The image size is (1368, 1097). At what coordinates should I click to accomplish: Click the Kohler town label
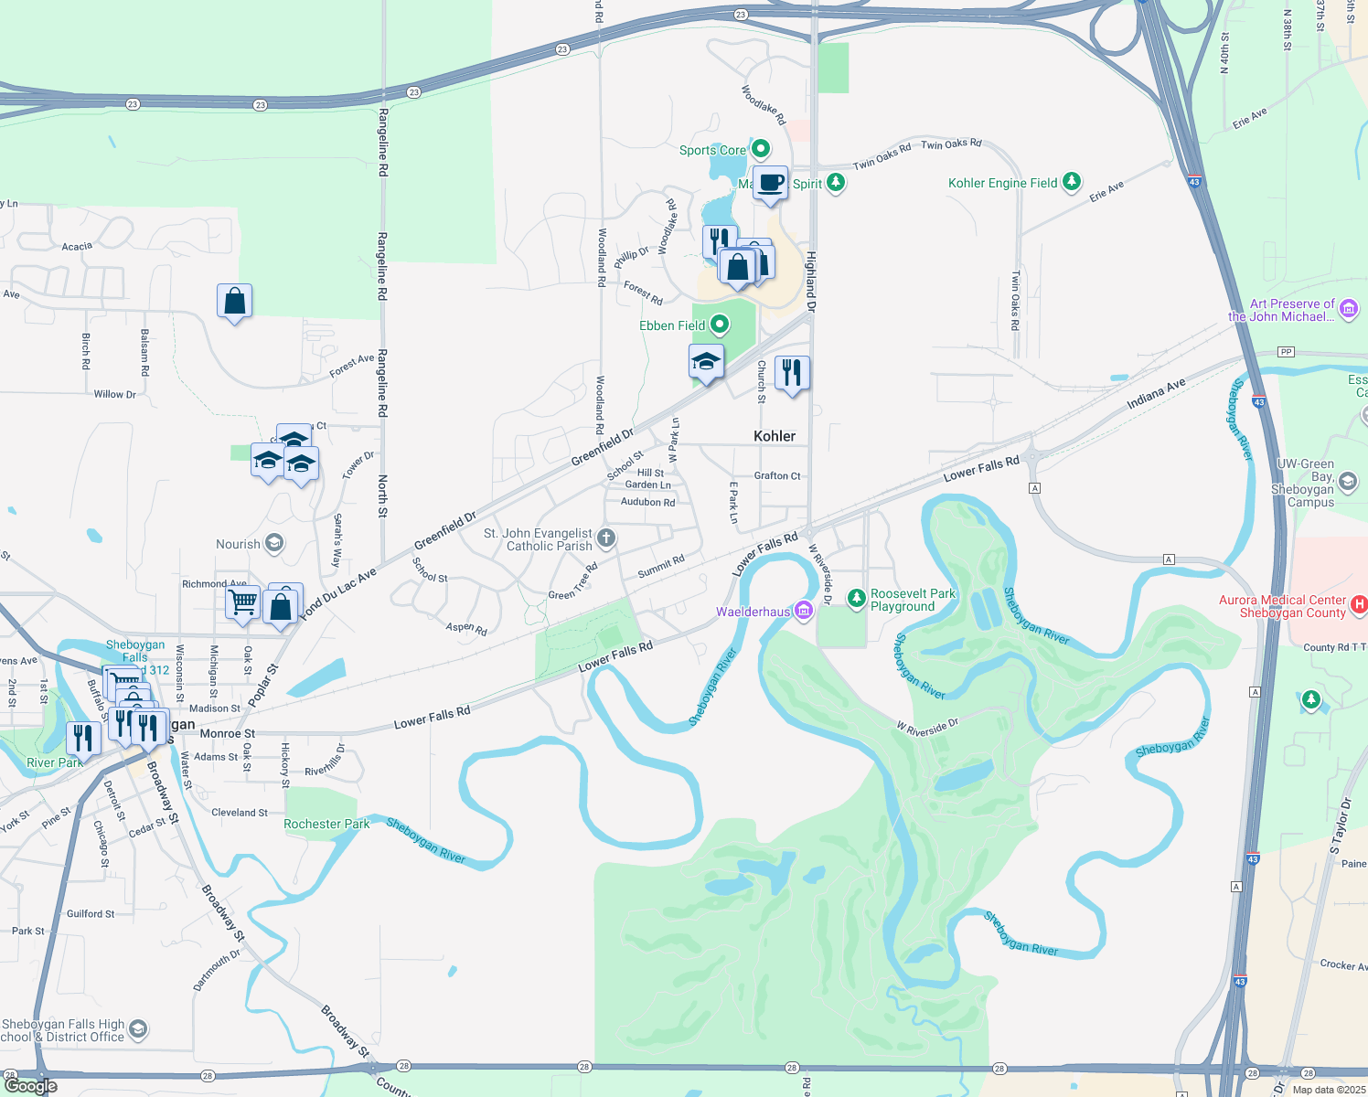pyautogui.click(x=775, y=436)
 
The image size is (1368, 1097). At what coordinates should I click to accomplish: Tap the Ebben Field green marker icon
pyautogui.click(x=720, y=325)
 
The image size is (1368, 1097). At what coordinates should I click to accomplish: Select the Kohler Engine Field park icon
pyautogui.click(x=1072, y=183)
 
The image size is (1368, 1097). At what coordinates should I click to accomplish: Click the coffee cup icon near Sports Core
pyautogui.click(x=770, y=183)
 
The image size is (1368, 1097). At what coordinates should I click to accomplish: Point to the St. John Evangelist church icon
pyautogui.click(x=606, y=538)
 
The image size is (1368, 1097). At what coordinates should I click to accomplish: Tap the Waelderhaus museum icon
pyautogui.click(x=804, y=611)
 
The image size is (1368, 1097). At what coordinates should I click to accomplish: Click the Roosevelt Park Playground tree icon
pyautogui.click(x=856, y=598)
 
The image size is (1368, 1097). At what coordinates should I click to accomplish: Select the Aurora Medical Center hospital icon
pyautogui.click(x=1359, y=604)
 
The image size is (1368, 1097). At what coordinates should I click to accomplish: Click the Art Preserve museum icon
pyautogui.click(x=1349, y=309)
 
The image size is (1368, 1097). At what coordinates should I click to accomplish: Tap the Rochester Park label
pyautogui.click(x=326, y=824)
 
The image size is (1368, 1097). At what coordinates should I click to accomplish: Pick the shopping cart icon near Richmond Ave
pyautogui.click(x=242, y=602)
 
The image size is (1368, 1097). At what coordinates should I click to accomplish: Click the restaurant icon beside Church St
pyautogui.click(x=792, y=373)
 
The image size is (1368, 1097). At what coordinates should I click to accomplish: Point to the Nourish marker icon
pyautogui.click(x=273, y=544)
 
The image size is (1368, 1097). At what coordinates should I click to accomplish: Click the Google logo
pyautogui.click(x=31, y=1086)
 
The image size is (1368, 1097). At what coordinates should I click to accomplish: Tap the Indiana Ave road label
pyautogui.click(x=1156, y=394)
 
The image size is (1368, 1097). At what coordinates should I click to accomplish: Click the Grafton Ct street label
pyautogui.click(x=777, y=475)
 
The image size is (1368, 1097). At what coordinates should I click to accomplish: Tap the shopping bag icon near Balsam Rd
pyautogui.click(x=235, y=301)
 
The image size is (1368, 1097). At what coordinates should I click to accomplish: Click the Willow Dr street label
pyautogui.click(x=114, y=394)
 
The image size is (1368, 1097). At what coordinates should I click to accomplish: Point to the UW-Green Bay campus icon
pyautogui.click(x=1347, y=482)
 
